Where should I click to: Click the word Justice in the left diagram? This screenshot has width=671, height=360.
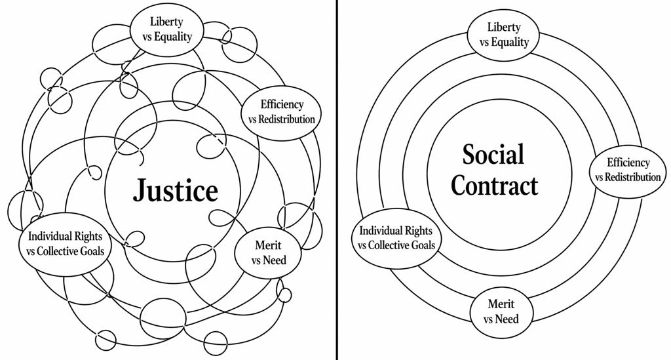click(175, 191)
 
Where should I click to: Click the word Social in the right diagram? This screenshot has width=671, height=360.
click(493, 155)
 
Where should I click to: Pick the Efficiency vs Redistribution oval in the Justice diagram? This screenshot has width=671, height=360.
click(282, 111)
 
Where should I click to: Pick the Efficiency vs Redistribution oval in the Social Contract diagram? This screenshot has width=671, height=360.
click(628, 170)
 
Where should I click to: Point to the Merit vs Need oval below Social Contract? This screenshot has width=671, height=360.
click(501, 311)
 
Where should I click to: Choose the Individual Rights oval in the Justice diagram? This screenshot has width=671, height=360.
click(66, 243)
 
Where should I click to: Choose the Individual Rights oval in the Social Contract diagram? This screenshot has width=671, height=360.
click(399, 237)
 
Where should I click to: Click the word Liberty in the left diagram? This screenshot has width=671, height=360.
click(166, 22)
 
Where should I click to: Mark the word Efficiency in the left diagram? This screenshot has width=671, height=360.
click(282, 104)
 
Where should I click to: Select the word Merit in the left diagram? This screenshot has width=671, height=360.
click(269, 245)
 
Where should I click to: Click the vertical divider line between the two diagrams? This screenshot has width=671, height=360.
click(337, 180)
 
